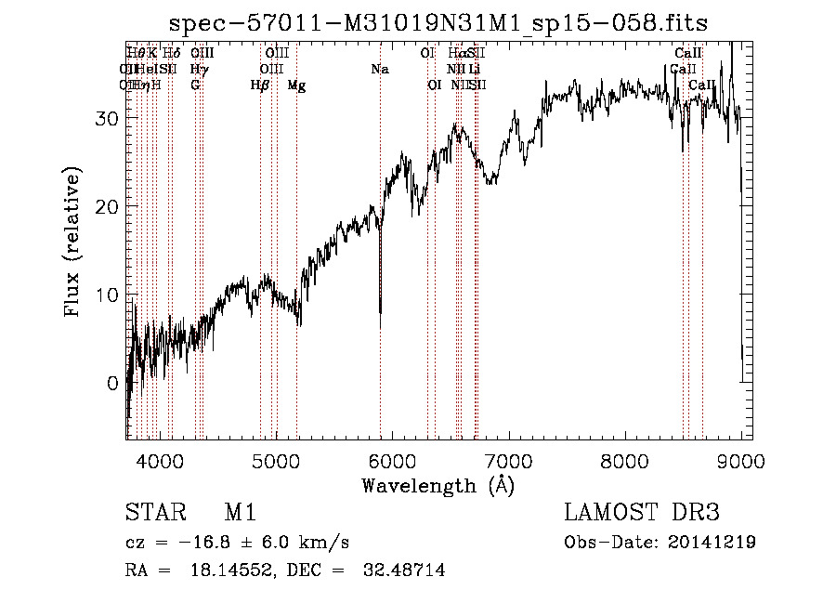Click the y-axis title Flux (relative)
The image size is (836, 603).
point(73,240)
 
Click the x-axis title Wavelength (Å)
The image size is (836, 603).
point(438,485)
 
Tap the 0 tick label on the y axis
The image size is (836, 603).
point(112,383)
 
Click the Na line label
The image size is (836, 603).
point(379,69)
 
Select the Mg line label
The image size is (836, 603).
point(296,85)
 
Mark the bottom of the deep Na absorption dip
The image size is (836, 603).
point(380,325)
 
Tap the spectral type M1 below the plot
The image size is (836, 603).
point(240,513)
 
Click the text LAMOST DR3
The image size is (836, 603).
point(642,513)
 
